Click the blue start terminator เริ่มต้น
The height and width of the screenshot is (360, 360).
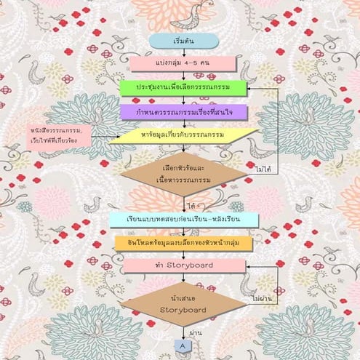click(x=183, y=41)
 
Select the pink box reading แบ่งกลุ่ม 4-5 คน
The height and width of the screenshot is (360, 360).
click(x=183, y=64)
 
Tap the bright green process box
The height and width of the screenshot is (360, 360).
click(x=183, y=88)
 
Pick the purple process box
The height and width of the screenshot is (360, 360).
click(x=183, y=113)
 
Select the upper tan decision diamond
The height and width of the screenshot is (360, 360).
click(x=183, y=172)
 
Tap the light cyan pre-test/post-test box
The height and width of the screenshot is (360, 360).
click(x=183, y=220)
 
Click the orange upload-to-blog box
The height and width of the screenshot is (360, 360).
click(x=183, y=242)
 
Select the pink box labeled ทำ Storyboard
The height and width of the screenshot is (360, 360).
click(x=183, y=265)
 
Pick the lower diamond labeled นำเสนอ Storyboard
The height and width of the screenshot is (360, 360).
click(x=183, y=303)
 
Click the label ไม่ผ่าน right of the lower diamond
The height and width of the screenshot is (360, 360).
click(x=260, y=298)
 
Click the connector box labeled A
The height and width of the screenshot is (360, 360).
click(x=183, y=346)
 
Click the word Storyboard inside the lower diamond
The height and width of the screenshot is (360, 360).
click(x=183, y=311)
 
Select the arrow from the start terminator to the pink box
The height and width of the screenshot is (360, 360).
click(x=183, y=52)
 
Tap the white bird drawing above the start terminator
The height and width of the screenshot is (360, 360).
click(x=191, y=15)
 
